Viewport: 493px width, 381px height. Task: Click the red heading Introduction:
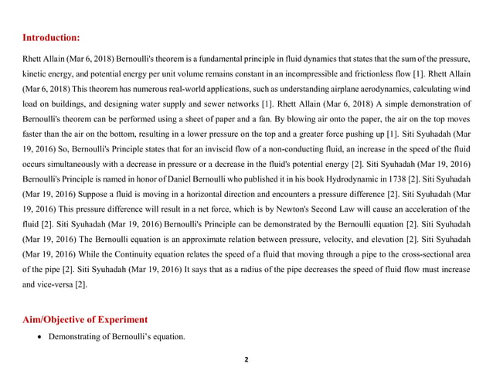tap(50, 37)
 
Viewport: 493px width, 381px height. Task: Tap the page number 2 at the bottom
tap(246, 359)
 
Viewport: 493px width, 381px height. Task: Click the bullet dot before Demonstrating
tap(39, 338)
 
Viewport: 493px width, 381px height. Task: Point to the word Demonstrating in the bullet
tap(76, 338)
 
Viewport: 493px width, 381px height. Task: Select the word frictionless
tap(367, 73)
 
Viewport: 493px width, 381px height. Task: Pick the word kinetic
tap(35, 73)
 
